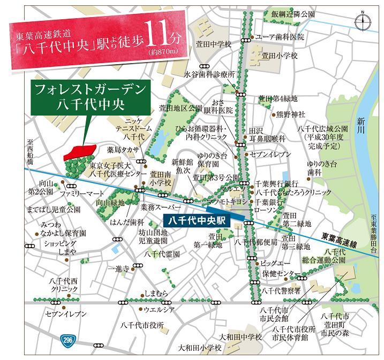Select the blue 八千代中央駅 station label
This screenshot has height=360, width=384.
(195, 219)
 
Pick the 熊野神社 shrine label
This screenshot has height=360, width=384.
(290, 114)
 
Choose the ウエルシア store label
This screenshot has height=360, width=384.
(159, 309)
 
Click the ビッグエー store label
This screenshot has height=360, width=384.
(276, 263)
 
